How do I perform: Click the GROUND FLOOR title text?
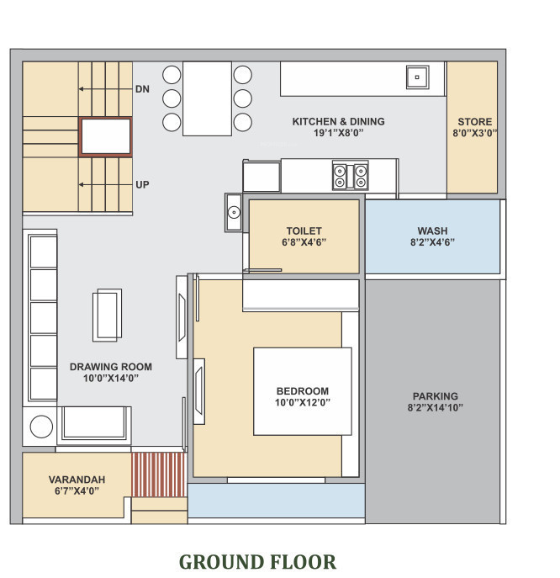point(257,561)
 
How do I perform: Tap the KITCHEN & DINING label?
point(338,122)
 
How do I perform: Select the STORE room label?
point(475,122)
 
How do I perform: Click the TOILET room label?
point(304,231)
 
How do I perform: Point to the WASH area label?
point(432,231)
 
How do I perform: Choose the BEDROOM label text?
point(303,391)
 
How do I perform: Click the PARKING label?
point(435,396)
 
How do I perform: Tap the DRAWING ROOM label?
point(110,367)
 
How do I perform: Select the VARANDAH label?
point(77,479)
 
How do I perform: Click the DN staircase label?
point(142,88)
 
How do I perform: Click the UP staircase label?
point(142,184)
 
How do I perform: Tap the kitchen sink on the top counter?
point(416,78)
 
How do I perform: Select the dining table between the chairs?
point(207,98)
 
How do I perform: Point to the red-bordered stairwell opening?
point(106,137)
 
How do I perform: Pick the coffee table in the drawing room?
point(108,314)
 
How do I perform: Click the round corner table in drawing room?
point(42,427)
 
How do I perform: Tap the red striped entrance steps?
point(158,475)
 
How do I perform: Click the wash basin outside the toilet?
point(233,212)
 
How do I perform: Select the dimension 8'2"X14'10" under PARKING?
point(435,408)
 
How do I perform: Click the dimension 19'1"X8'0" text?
point(338,133)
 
